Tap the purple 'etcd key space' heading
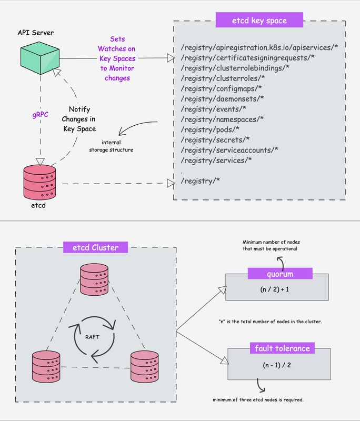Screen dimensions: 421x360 click(259, 21)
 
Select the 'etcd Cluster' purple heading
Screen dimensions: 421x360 click(91, 248)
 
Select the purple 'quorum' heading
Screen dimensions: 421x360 click(279, 274)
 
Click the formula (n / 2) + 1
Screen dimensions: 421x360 click(276, 289)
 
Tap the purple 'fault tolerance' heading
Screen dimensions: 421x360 click(283, 348)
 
